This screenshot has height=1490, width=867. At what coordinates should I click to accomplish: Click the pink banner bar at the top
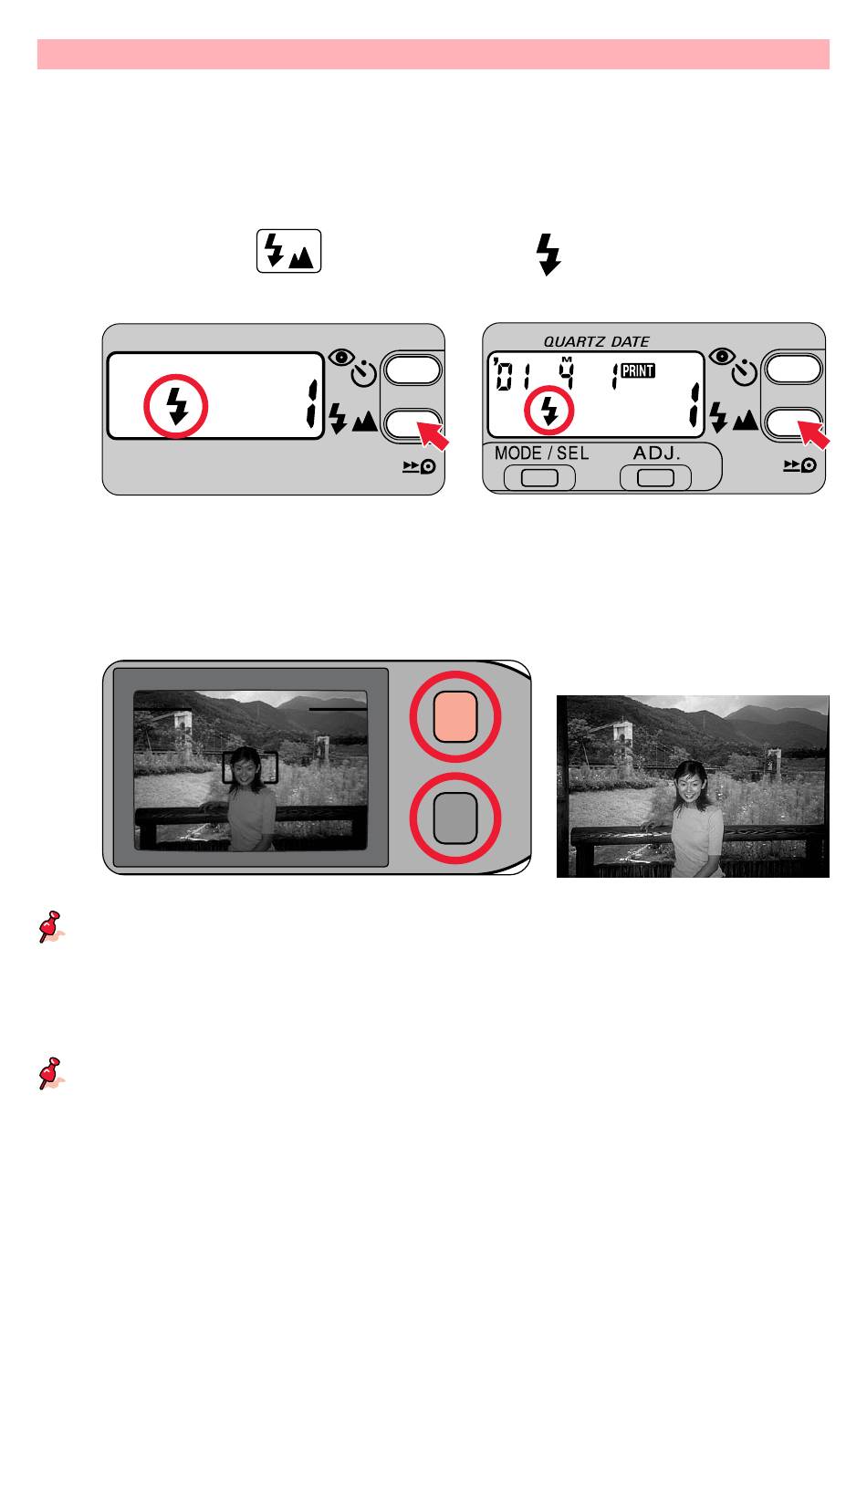pyautogui.click(x=433, y=54)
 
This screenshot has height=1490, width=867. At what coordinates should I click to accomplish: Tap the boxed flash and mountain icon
pyautogui.click(x=288, y=251)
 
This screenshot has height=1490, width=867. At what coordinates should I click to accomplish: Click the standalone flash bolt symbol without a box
pyautogui.click(x=548, y=254)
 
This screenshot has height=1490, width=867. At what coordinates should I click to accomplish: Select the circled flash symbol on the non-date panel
pyautogui.click(x=176, y=406)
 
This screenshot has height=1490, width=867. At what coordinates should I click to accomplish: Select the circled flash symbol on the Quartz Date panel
pyautogui.click(x=548, y=411)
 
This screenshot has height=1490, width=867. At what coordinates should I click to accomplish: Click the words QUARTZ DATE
pyautogui.click(x=596, y=341)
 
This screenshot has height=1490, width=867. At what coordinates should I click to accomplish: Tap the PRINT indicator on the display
pyautogui.click(x=638, y=370)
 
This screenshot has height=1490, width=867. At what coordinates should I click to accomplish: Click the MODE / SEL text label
pyautogui.click(x=541, y=453)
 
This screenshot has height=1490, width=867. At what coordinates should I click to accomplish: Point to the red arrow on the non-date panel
pyautogui.click(x=433, y=435)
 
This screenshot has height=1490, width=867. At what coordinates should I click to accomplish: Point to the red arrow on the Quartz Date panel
pyautogui.click(x=813, y=433)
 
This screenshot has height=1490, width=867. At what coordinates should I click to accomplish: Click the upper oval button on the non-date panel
pyautogui.click(x=413, y=370)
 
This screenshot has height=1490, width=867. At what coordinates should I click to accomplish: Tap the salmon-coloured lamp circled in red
pyautogui.click(x=455, y=716)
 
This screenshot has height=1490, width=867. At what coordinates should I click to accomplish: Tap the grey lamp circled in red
pyautogui.click(x=455, y=818)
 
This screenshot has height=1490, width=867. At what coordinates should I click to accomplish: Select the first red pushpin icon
pyautogui.click(x=50, y=927)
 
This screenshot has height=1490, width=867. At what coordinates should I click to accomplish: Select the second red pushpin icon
pyautogui.click(x=50, y=1073)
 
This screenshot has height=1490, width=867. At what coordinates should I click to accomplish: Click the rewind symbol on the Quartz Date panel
pyautogui.click(x=799, y=465)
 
